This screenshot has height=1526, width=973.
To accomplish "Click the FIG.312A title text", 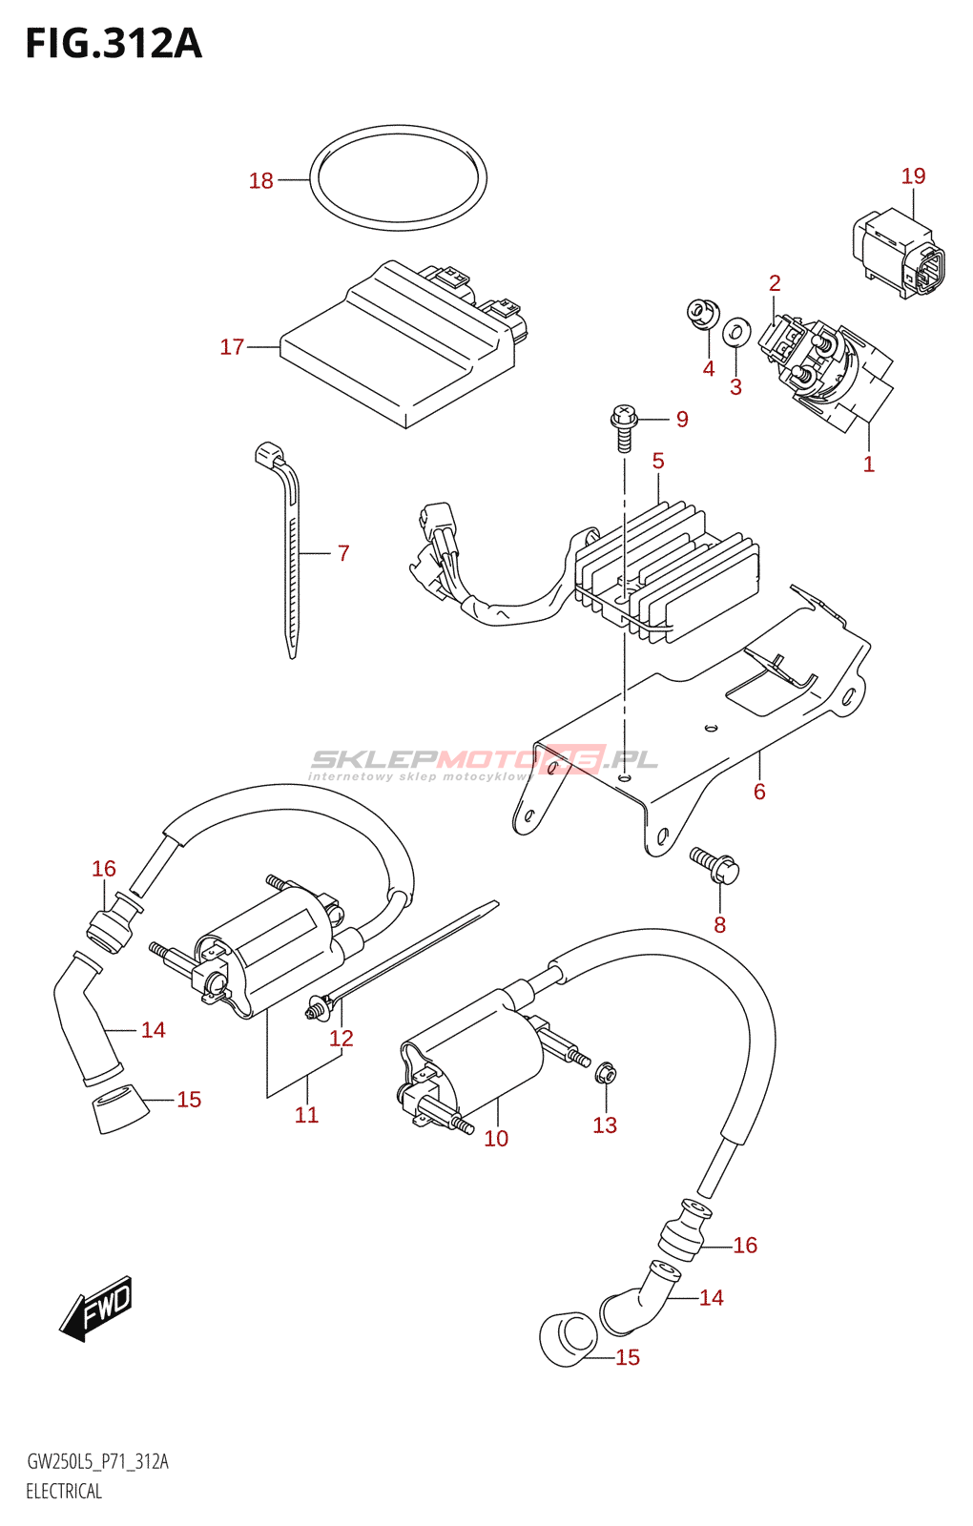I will click(x=114, y=44).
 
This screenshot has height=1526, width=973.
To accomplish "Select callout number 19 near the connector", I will click(x=913, y=176).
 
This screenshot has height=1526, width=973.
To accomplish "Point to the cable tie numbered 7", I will click(x=291, y=553).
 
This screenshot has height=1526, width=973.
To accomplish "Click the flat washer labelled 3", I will click(x=735, y=332).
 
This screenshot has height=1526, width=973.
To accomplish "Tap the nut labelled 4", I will click(x=703, y=313).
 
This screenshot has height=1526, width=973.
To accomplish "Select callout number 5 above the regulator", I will click(x=658, y=462).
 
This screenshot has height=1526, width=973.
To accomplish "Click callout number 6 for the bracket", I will click(x=759, y=792).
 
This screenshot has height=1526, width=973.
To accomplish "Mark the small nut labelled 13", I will click(x=605, y=1075).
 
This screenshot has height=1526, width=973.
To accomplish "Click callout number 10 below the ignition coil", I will click(x=496, y=1139).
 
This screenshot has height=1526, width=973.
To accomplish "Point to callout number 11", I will click(x=306, y=1115).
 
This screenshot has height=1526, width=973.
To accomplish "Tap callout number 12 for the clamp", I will click(x=342, y=1039).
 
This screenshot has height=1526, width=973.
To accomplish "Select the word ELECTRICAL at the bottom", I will click(x=64, y=1492).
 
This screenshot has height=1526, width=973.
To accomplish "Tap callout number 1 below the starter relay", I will click(x=868, y=464).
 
